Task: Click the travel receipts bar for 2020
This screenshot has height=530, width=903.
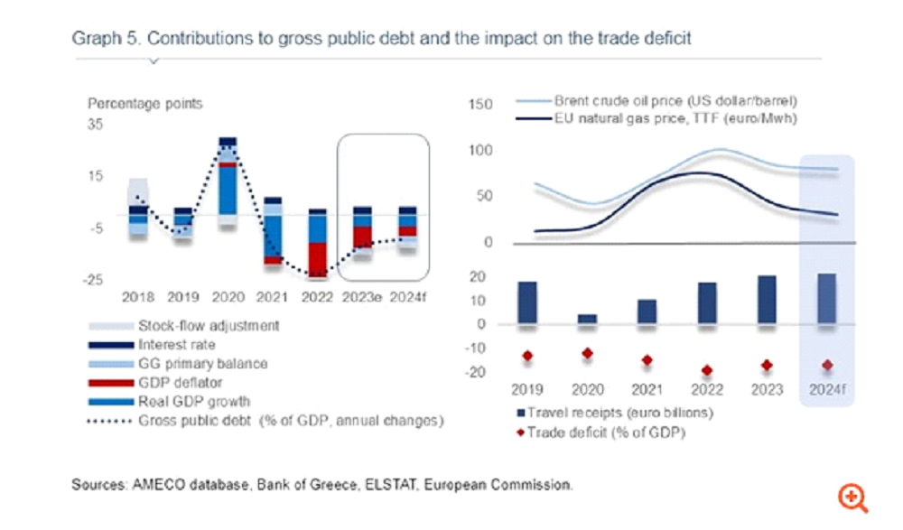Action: coord(587,319)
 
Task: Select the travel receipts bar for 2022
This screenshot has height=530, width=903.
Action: coord(707,302)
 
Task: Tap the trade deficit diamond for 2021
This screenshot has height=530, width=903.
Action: coord(647,360)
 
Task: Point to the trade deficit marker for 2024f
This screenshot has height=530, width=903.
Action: coord(826,365)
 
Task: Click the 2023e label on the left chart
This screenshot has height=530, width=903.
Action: coord(361,296)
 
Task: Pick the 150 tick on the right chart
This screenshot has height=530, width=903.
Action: coord(481,105)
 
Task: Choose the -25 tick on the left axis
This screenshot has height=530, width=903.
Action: coord(95,280)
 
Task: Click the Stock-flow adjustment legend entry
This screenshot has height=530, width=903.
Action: coord(209,326)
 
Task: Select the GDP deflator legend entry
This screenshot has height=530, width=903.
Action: coord(178,383)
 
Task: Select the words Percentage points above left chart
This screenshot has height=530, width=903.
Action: coord(144,104)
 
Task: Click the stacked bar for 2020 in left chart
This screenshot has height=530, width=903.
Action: coord(228,181)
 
